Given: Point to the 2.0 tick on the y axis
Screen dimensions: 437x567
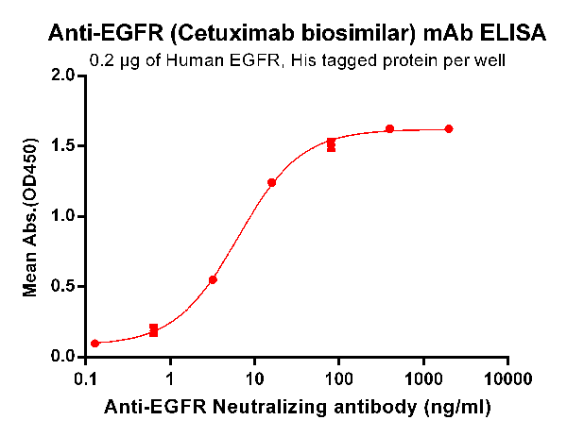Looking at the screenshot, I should (x=63, y=76).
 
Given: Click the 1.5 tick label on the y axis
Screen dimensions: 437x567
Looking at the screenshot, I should (x=63, y=145).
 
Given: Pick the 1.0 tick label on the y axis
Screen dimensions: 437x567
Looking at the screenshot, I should (x=63, y=216).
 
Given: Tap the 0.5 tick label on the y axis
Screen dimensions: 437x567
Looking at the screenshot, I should (x=63, y=287).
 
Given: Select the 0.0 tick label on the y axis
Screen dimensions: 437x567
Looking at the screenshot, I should (x=63, y=357).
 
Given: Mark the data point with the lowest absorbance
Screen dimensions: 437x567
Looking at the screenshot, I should (x=94, y=344).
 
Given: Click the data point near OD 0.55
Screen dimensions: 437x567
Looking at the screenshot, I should (x=213, y=279).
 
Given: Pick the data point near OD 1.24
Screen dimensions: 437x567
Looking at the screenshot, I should (x=272, y=182).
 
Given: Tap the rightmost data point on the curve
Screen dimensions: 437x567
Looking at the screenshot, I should (x=449, y=128).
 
